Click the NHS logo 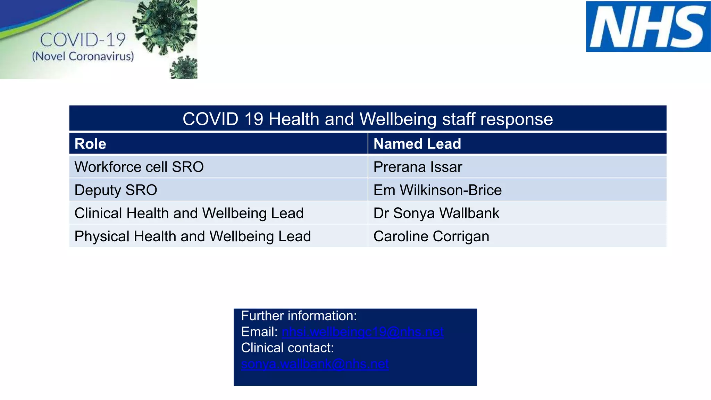pos(648,27)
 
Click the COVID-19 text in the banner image pos(83,40)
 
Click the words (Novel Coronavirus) pos(83,56)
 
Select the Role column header pos(90,144)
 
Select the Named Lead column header pos(417,144)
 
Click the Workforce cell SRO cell pos(139,167)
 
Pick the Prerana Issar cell pos(418,167)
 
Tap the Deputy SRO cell pos(116,190)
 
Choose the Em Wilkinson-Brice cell pos(437,190)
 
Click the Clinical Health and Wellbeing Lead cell pos(189,213)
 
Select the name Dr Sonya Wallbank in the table pos(436,213)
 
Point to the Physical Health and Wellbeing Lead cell pos(193,236)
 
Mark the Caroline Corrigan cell pos(431,236)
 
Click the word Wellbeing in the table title pos(398,119)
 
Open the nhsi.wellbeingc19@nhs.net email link pos(362,332)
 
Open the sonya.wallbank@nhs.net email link pos(315,364)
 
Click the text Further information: pos(299,316)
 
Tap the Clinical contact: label pos(287,348)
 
